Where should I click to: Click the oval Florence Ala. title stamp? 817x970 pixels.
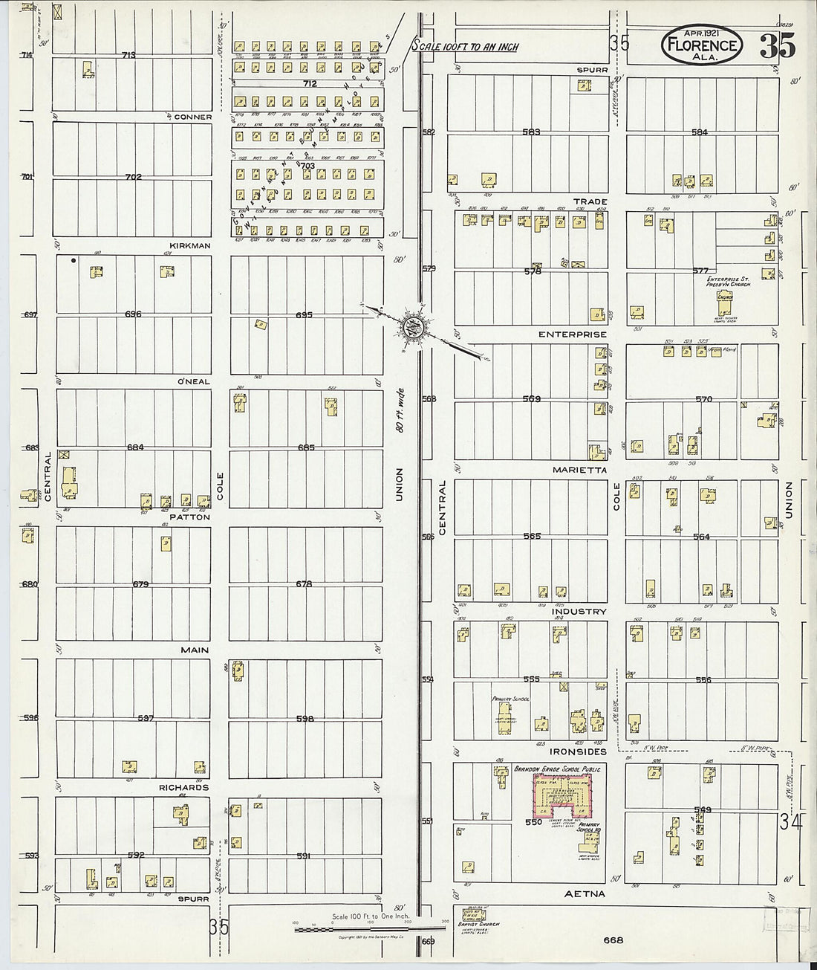point(701,47)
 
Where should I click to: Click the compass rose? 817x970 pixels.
point(413,325)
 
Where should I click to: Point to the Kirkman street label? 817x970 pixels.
point(191,246)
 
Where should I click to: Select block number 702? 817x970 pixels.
point(134,177)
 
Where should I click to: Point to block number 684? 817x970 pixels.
point(134,447)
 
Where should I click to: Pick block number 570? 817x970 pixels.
point(703,399)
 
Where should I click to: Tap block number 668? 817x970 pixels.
point(613,940)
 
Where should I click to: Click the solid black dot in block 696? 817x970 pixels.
point(73,261)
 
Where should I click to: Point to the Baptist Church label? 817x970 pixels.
point(479,925)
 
